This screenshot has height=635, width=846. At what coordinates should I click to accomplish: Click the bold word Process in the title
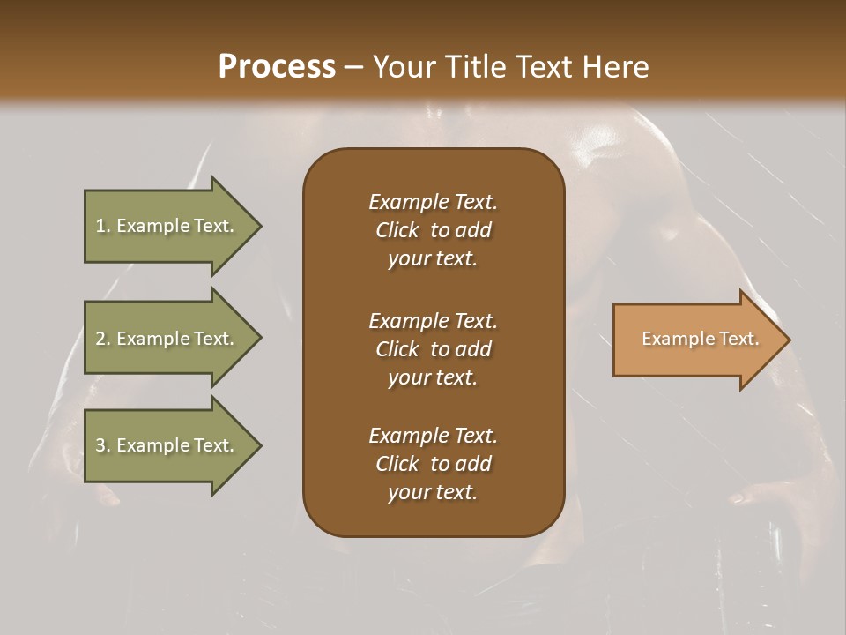pyautogui.click(x=277, y=67)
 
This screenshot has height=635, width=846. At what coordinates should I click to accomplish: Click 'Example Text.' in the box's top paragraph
pyautogui.click(x=433, y=202)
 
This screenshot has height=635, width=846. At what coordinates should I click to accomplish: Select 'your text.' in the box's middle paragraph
pyautogui.click(x=433, y=377)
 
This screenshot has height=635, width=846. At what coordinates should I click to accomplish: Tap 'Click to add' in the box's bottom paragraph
pyautogui.click(x=433, y=464)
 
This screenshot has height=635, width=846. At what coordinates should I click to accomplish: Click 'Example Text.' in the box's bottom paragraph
pyautogui.click(x=433, y=436)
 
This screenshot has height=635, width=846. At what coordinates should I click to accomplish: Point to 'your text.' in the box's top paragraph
pyautogui.click(x=433, y=259)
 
